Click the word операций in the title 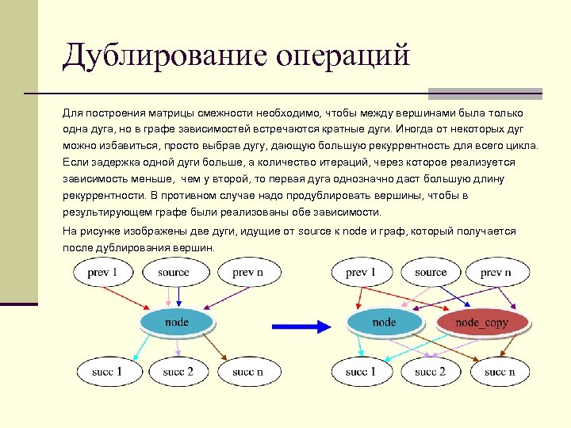(343, 56)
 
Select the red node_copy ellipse (481, 322)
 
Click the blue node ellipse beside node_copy (384, 322)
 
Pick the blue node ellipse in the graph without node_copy (176, 321)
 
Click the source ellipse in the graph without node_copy (174, 273)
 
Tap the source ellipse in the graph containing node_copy (431, 273)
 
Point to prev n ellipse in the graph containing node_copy (496, 273)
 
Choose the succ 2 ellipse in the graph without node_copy (178, 371)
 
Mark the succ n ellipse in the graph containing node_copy (500, 371)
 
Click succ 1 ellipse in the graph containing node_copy (361, 371)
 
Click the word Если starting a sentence (74, 162)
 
